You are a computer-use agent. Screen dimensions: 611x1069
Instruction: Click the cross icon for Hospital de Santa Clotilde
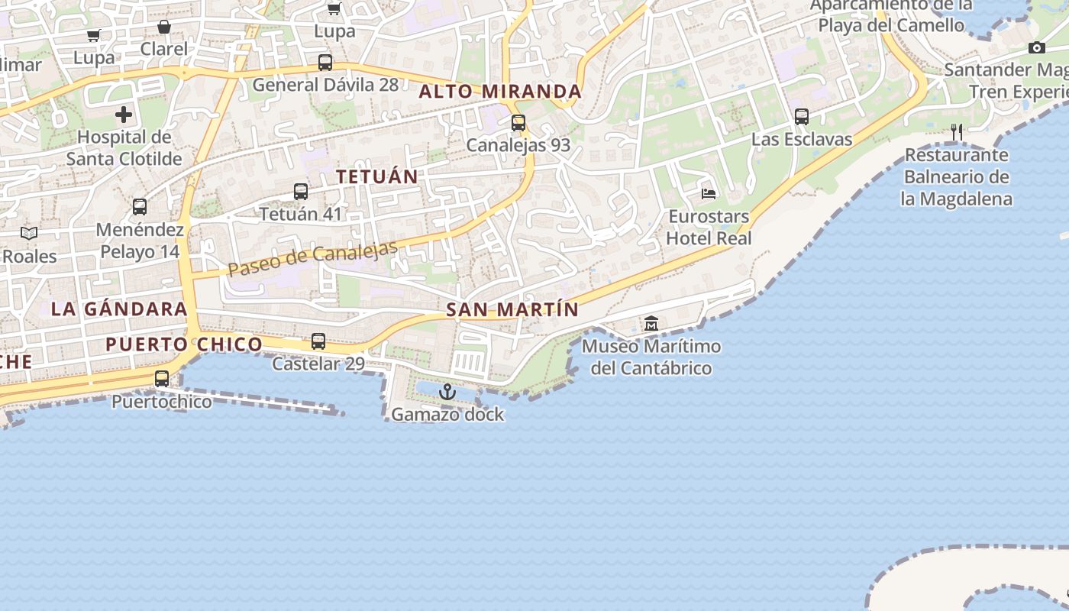[124, 115]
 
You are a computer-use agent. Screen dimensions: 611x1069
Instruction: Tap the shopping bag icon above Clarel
[163, 27]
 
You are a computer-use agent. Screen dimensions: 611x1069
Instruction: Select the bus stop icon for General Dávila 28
[325, 63]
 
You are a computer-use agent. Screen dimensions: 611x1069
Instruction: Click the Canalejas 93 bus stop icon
[518, 122]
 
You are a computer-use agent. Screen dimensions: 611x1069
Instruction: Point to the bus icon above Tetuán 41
[301, 192]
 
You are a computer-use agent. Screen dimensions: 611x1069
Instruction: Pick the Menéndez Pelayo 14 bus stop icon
[140, 207]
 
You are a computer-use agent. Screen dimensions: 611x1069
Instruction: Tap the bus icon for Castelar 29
[318, 341]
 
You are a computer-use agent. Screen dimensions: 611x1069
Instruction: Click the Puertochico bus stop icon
[162, 378]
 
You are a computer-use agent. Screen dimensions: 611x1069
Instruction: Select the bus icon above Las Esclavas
[802, 117]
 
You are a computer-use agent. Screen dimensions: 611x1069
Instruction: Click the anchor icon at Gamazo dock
[447, 393]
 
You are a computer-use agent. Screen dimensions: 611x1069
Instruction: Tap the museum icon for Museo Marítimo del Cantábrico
[651, 324]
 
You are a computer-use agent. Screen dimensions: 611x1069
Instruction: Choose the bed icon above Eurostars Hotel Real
[709, 194]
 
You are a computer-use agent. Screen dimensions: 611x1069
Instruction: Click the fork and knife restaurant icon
[957, 132]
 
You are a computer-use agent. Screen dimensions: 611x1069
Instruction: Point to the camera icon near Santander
[1036, 48]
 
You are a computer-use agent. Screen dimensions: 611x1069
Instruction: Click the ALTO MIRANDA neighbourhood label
[500, 92]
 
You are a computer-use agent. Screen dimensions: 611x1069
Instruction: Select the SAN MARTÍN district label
[512, 310]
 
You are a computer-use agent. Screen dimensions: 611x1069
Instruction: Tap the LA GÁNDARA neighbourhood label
[119, 309]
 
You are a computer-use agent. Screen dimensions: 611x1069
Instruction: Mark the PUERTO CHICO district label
[183, 344]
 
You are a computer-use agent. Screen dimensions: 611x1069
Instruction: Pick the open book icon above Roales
[29, 234]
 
